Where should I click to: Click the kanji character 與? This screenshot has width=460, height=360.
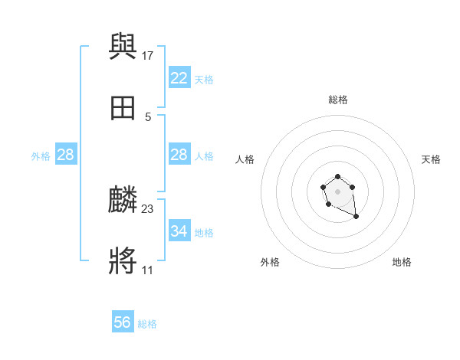click(123, 47)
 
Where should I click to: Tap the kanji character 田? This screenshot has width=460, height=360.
click(123, 109)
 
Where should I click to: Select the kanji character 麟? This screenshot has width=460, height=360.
click(123, 201)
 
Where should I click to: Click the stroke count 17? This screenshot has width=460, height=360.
click(149, 55)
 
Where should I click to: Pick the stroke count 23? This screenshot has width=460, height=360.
click(148, 208)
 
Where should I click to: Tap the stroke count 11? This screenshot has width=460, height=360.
click(147, 270)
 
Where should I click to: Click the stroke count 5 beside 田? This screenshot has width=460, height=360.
click(148, 116)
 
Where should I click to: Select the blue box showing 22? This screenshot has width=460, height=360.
click(179, 78)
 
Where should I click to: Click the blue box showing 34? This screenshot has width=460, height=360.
click(179, 231)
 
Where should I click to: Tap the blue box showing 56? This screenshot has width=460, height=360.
click(122, 322)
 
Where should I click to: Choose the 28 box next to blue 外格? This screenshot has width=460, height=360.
click(65, 155)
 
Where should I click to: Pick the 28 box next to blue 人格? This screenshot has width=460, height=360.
click(179, 155)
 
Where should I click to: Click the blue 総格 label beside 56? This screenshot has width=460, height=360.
click(147, 324)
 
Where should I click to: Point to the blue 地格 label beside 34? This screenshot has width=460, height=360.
click(204, 233)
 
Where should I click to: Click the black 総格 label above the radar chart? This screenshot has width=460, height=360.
click(338, 100)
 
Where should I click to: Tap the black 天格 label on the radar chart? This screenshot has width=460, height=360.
click(431, 159)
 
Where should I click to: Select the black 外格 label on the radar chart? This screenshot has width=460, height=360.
click(270, 262)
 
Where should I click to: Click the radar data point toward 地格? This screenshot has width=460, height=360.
click(356, 218)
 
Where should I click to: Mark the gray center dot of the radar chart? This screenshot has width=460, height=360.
click(338, 191)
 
